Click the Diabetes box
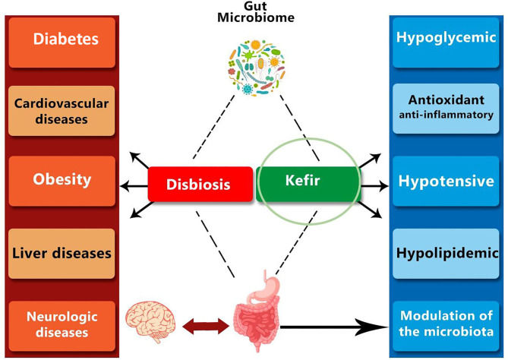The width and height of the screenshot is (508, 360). [x=62, y=43]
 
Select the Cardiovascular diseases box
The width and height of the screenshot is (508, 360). [x=62, y=111]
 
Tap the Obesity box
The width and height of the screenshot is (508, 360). [x=62, y=181]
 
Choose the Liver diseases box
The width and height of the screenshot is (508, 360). [x=62, y=254]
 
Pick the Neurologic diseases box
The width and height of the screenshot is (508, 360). [x=62, y=327]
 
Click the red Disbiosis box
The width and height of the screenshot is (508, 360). [x=200, y=184]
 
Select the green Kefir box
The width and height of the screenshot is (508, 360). [x=308, y=184]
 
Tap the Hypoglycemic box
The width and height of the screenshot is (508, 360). [x=446, y=43]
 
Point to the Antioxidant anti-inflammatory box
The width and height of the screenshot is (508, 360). [x=446, y=109]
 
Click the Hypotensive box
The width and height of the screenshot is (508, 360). [x=446, y=181]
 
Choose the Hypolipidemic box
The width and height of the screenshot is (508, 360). [x=446, y=254]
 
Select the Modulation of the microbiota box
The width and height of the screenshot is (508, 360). [x=446, y=327]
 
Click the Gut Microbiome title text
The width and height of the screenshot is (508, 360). [x=256, y=12]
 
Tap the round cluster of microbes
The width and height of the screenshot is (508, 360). [x=257, y=68]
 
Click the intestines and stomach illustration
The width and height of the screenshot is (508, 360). [x=257, y=311]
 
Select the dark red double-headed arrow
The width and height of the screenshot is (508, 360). [x=206, y=326]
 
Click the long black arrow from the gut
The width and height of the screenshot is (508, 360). [x=334, y=327]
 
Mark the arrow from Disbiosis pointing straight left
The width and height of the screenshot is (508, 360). [x=134, y=186]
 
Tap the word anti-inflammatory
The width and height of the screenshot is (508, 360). [x=446, y=115]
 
